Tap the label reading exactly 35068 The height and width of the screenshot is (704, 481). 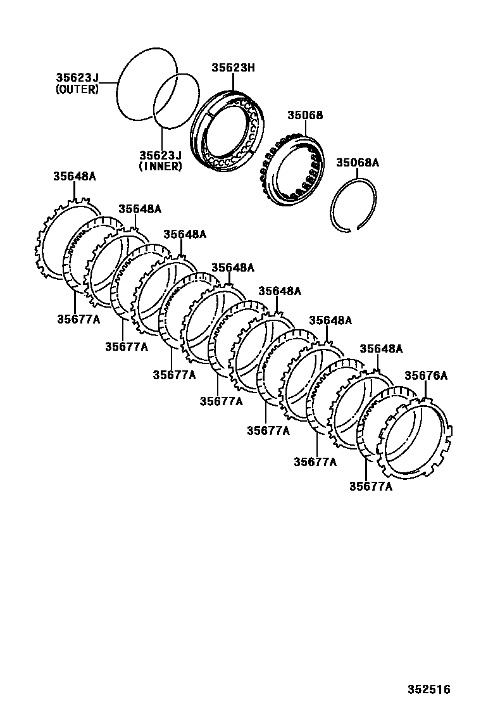pos(305,115)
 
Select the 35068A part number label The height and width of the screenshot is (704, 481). pos(357,163)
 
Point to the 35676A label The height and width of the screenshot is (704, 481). pos(426,375)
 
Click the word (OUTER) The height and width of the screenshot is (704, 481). pos(77,90)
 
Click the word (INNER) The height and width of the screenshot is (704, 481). pos(160,167)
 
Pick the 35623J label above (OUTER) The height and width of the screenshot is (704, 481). pos(77,79)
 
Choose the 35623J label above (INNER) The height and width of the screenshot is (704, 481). pos(160,155)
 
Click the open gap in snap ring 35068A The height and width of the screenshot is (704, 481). pos(353,229)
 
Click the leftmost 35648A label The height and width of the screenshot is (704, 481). pos(74,176)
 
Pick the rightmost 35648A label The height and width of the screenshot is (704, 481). pos(381,349)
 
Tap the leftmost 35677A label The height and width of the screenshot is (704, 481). pos(78,319)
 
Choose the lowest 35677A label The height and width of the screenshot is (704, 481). pos(370,486)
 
